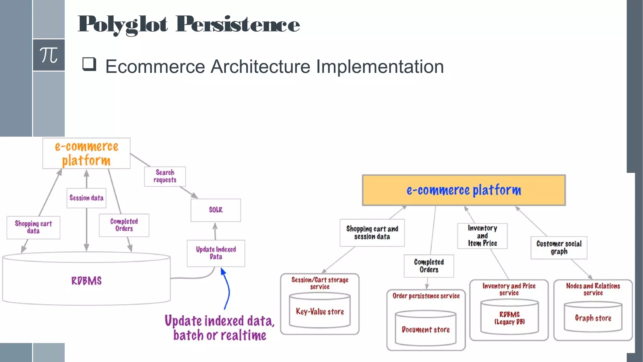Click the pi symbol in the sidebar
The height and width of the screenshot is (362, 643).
tap(49, 55)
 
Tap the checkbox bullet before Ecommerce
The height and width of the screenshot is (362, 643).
tap(89, 64)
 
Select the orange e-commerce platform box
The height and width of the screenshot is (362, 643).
tap(86, 153)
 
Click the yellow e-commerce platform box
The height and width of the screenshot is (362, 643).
tap(464, 190)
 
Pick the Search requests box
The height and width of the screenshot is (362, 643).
tap(165, 176)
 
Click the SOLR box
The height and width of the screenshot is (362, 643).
tap(216, 210)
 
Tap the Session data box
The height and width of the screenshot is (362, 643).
tap(86, 198)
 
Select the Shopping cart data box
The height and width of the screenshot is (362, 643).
tap(33, 227)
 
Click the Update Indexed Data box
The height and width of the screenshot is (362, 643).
tap(216, 253)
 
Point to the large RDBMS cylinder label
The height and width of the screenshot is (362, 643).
tap(86, 281)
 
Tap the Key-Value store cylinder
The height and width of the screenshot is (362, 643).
tap(320, 311)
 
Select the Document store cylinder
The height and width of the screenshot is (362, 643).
tap(425, 329)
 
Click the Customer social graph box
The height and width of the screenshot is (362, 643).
tap(559, 248)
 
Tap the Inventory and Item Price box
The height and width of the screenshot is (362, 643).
tap(482, 236)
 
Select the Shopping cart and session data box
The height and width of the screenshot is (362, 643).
tap(372, 233)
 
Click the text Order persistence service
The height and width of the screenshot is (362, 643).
tap(426, 296)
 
